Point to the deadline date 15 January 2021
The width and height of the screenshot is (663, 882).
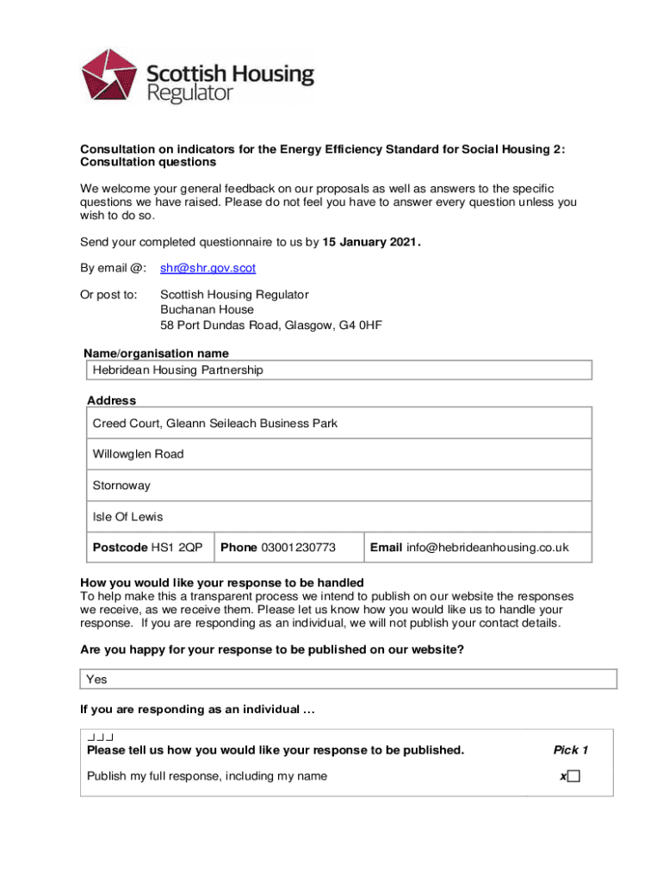click(371, 242)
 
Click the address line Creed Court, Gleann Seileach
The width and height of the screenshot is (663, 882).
click(215, 424)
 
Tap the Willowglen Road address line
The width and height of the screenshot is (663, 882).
click(139, 454)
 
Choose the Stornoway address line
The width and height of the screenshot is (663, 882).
click(121, 486)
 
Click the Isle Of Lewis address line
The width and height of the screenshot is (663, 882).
click(127, 517)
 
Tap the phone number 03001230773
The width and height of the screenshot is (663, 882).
click(298, 548)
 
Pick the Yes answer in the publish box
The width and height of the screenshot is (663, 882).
click(97, 680)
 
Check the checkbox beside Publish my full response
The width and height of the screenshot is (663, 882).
click(573, 776)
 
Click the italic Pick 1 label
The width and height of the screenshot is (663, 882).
click(571, 750)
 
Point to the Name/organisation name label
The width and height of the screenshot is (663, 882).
click(156, 354)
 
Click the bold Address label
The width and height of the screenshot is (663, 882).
click(111, 401)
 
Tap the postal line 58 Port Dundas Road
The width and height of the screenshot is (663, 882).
click(270, 326)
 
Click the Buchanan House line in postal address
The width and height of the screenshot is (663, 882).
click(208, 310)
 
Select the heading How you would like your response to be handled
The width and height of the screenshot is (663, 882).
click(222, 582)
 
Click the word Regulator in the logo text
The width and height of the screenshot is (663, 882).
click(190, 93)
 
